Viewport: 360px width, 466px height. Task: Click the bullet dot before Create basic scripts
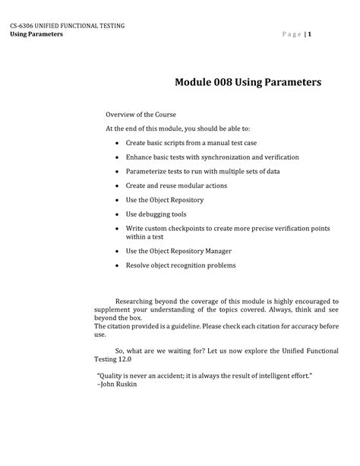[115, 142]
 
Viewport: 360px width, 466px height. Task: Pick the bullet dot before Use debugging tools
[115, 214]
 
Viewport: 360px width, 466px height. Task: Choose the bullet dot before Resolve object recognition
[115, 265]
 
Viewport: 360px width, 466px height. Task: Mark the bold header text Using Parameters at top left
[36, 36]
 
